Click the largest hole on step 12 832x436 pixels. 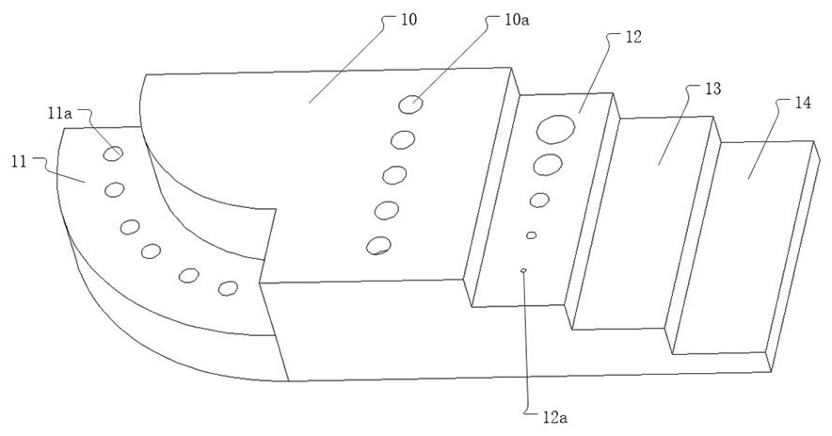point(556,128)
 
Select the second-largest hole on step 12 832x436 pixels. point(547,166)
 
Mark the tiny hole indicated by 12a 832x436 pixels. point(523,271)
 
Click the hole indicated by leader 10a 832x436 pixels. point(409,105)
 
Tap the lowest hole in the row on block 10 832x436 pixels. point(378,246)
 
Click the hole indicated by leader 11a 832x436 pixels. point(113,153)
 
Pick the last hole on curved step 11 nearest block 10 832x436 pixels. point(227,287)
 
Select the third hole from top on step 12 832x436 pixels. point(539,200)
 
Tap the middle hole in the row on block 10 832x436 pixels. point(394,175)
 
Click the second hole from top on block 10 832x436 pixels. point(403,140)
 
